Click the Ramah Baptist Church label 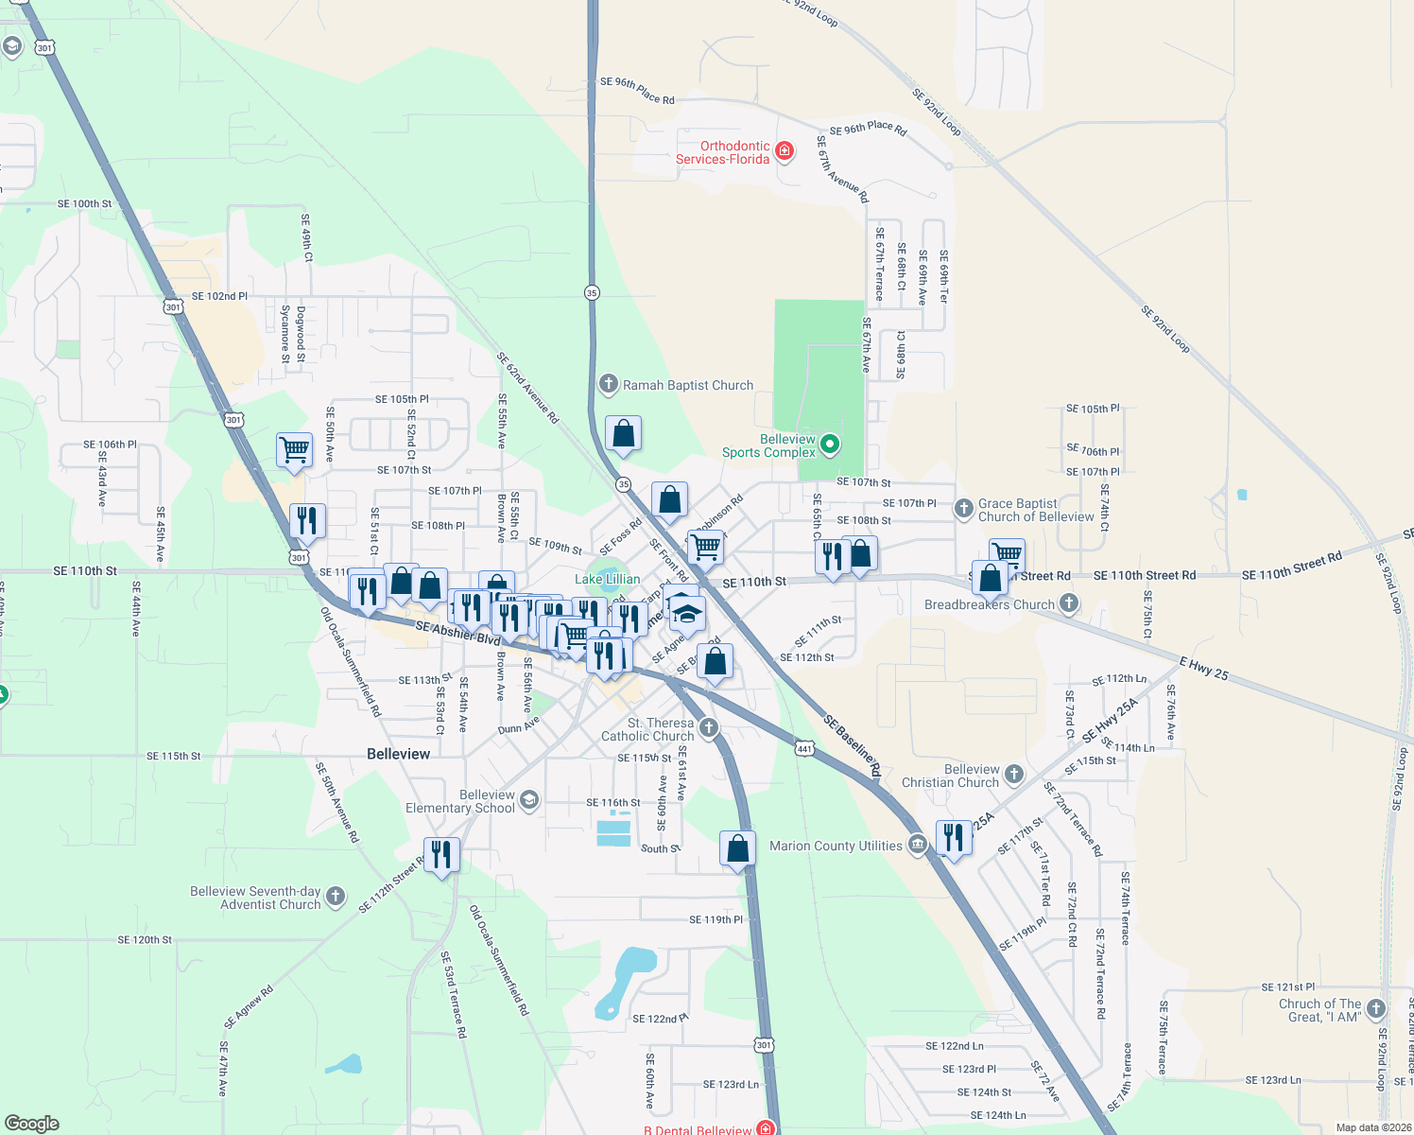pyautogui.click(x=687, y=385)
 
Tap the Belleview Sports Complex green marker pyautogui.click(x=829, y=444)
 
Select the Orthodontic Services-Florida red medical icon pyautogui.click(x=784, y=150)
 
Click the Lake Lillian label pyautogui.click(x=608, y=579)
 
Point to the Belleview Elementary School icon pyautogui.click(x=528, y=800)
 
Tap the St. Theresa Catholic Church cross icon pyautogui.click(x=709, y=727)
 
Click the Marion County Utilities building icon pyautogui.click(x=917, y=845)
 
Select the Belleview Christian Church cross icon pyautogui.click(x=1014, y=775)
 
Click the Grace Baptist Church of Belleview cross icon pyautogui.click(x=963, y=509)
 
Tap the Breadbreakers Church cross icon pyautogui.click(x=1069, y=602)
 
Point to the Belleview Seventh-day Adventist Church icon pyautogui.click(x=336, y=897)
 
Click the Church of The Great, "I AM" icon pyautogui.click(x=1376, y=1009)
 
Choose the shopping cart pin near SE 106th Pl pyautogui.click(x=295, y=449)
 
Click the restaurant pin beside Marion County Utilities pyautogui.click(x=954, y=838)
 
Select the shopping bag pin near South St pyautogui.click(x=737, y=848)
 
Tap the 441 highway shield pyautogui.click(x=804, y=747)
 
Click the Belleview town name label pyautogui.click(x=398, y=754)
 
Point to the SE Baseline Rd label pyautogui.click(x=852, y=746)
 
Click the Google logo pyautogui.click(x=32, y=1123)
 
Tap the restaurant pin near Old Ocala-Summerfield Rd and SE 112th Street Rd pyautogui.click(x=441, y=855)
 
